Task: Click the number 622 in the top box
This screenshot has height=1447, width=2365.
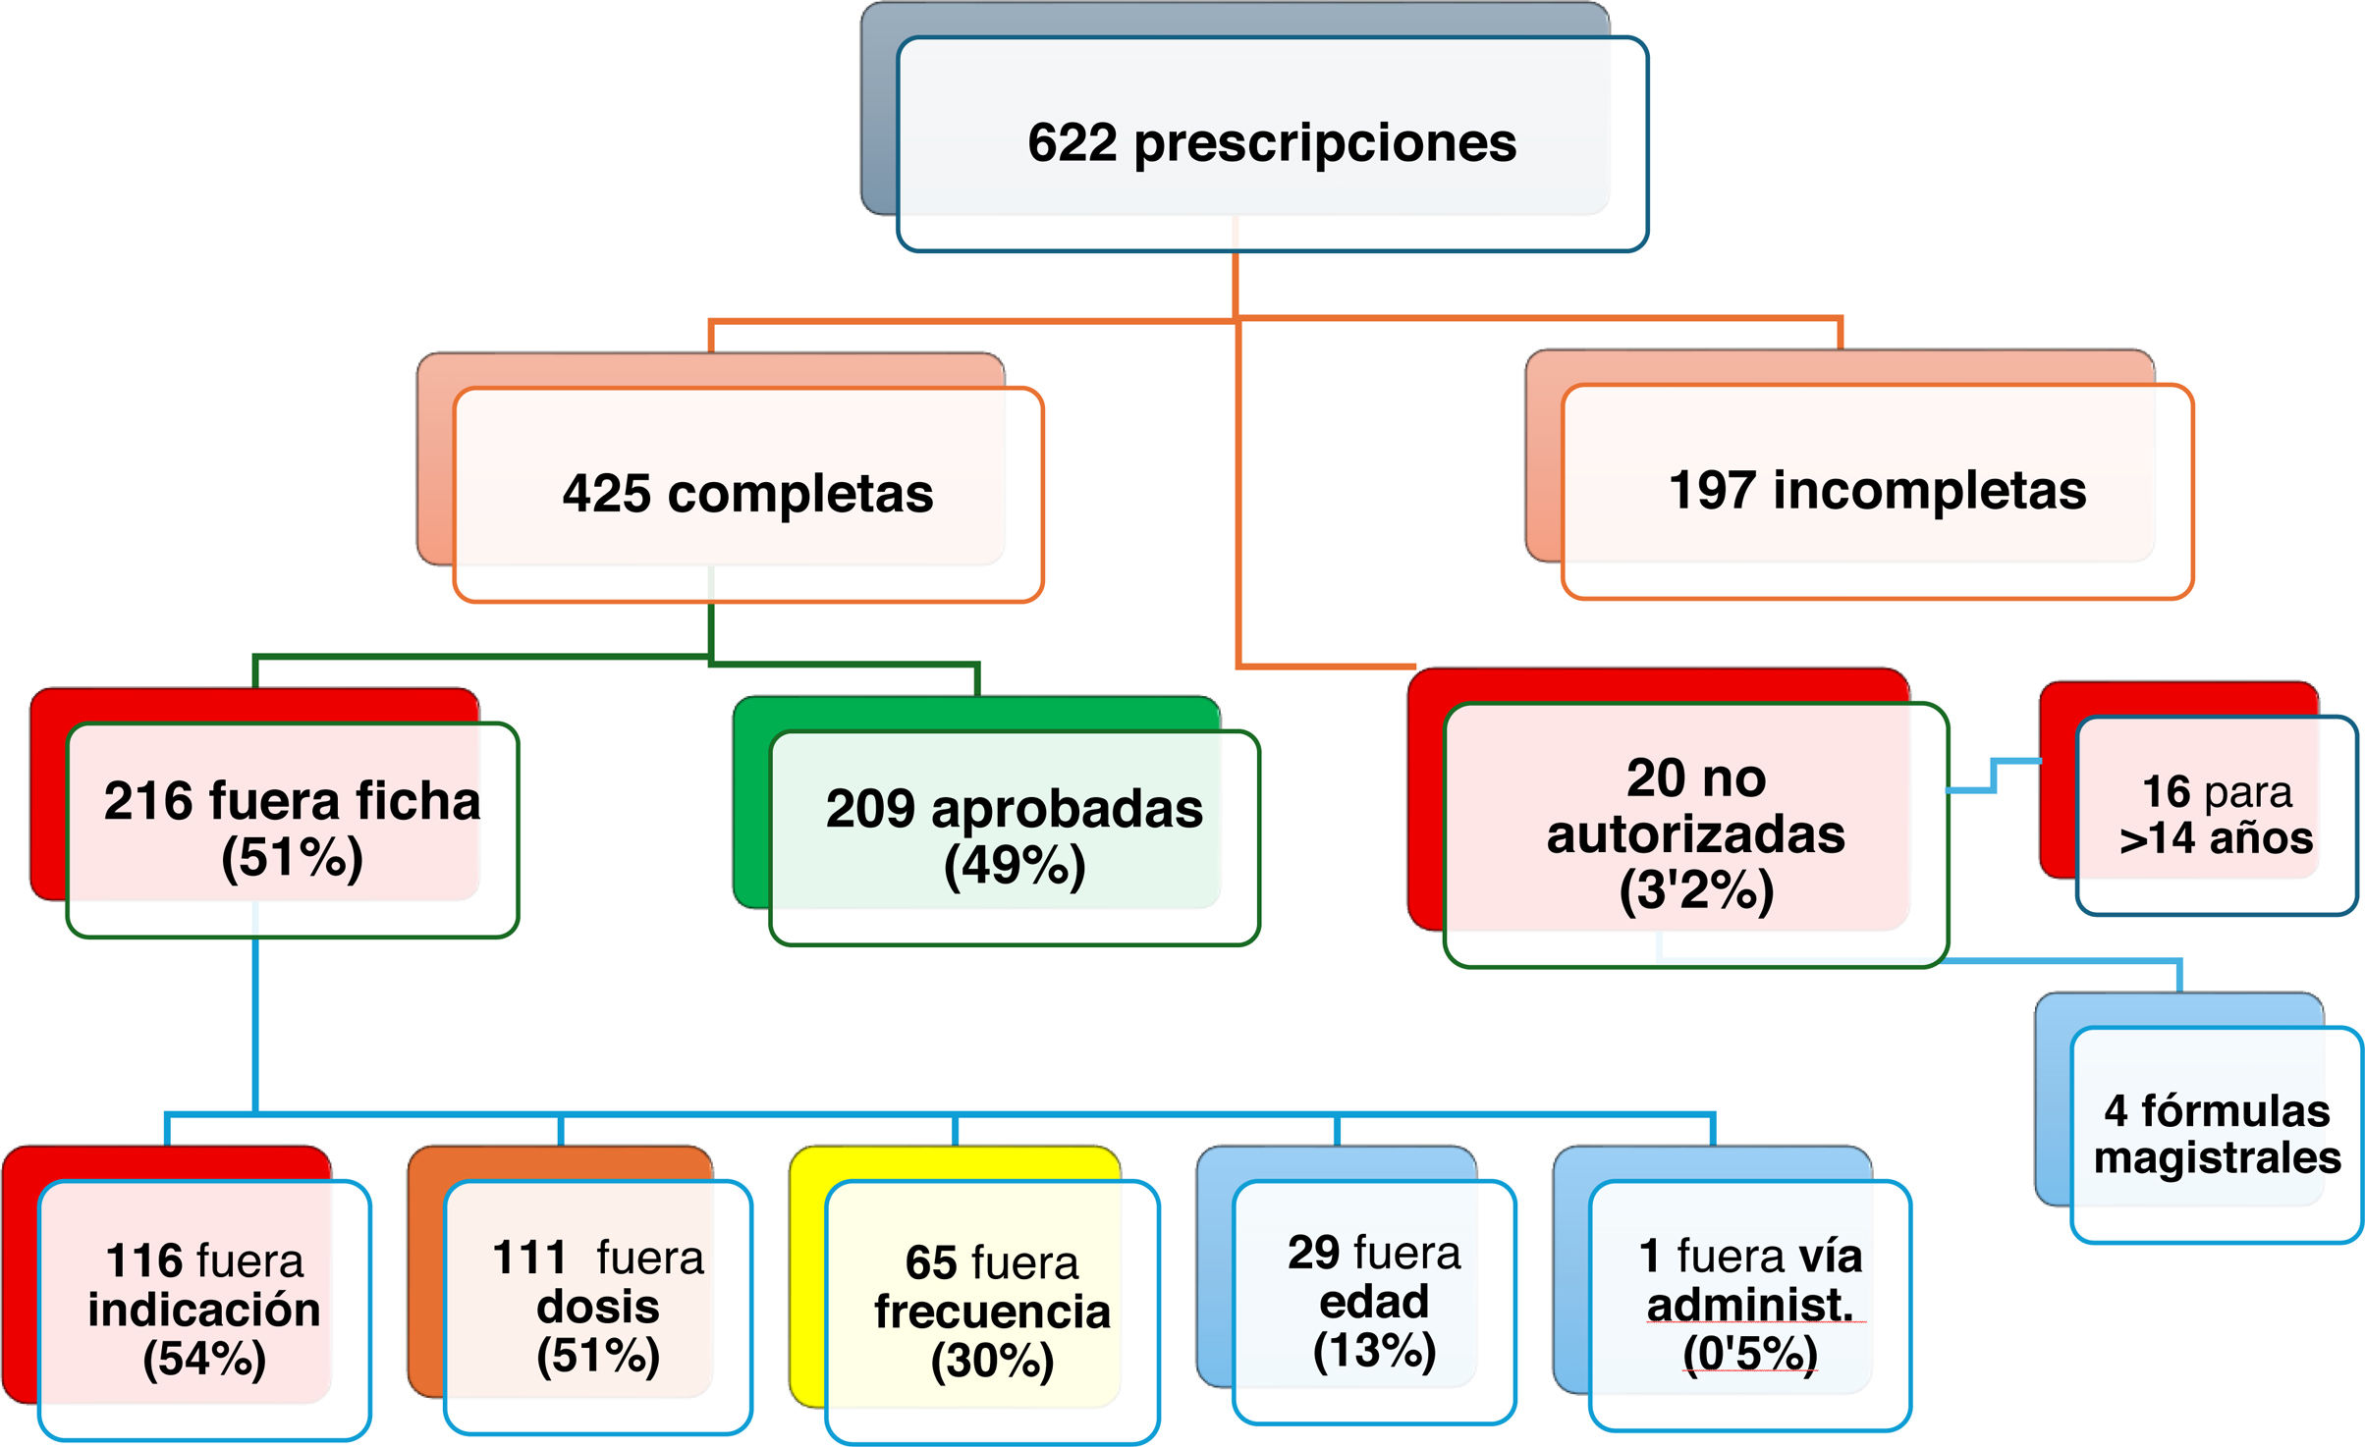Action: [x=1072, y=142]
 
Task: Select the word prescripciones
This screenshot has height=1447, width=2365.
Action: [x=1325, y=144]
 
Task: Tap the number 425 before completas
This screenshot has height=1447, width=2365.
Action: [x=606, y=493]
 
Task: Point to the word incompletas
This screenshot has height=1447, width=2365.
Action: [x=1929, y=490]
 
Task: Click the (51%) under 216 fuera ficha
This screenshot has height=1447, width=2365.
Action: [x=292, y=857]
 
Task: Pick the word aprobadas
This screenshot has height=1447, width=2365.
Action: [x=1067, y=809]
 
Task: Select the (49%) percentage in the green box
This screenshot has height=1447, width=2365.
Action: [x=1014, y=865]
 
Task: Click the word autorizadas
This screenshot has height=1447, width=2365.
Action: [x=1695, y=834]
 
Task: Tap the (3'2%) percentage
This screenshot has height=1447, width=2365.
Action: [x=1695, y=890]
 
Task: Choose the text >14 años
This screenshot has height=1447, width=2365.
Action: [x=2216, y=838]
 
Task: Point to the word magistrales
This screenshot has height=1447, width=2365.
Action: [x=2217, y=1157]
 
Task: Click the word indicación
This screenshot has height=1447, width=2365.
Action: [x=204, y=1310]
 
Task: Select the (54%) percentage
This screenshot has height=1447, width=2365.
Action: [x=204, y=1359]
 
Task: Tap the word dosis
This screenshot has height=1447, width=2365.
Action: [x=597, y=1307]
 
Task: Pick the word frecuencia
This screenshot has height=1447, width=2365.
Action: [x=992, y=1312]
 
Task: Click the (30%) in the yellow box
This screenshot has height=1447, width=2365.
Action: [x=992, y=1361]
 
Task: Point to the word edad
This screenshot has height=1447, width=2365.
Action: [x=1373, y=1302]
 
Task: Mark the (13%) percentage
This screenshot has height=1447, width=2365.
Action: [x=1373, y=1350]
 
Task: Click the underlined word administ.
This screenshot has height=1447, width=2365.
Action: [x=1749, y=1305]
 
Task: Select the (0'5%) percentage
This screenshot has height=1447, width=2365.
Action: [x=1749, y=1353]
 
